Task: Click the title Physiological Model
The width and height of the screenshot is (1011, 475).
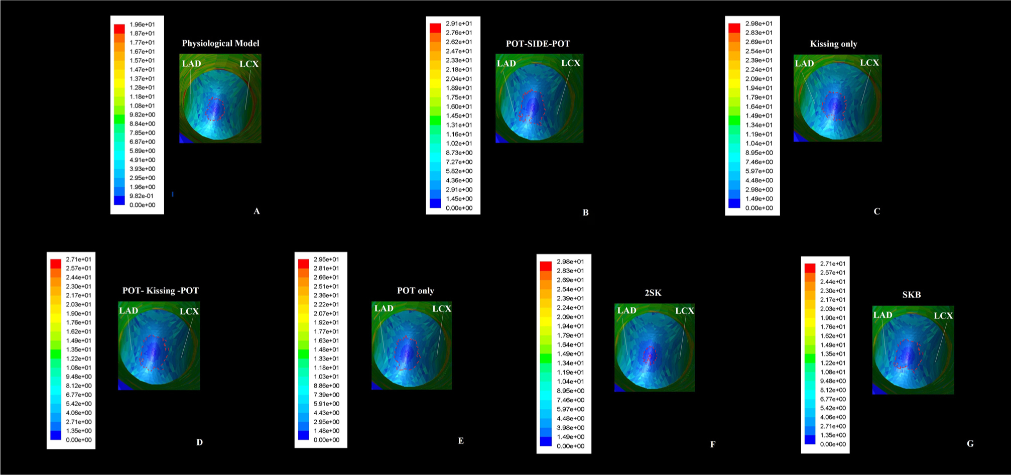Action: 220,43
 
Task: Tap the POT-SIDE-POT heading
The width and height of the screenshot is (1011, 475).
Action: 538,44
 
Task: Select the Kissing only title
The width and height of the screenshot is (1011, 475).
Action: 833,44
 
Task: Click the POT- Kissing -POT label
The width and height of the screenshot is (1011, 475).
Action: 160,290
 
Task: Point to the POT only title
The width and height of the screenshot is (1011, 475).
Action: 415,290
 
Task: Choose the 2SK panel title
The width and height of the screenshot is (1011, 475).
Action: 653,293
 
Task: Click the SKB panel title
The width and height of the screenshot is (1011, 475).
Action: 911,295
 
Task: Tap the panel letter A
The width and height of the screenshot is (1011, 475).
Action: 257,211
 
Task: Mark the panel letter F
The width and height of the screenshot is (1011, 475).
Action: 712,444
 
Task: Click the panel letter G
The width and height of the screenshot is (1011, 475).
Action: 970,443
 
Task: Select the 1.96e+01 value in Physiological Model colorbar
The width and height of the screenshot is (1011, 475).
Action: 142,24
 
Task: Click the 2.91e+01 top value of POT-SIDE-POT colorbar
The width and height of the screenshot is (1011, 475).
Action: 459,24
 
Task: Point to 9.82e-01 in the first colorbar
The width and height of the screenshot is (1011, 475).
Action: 141,196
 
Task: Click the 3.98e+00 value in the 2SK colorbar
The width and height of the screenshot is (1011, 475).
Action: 570,428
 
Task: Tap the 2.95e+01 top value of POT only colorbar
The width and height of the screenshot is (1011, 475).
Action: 326,259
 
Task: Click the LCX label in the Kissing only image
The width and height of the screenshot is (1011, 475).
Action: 869,63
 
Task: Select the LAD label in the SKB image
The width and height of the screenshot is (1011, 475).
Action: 882,315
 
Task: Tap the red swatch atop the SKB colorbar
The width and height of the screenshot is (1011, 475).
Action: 810,269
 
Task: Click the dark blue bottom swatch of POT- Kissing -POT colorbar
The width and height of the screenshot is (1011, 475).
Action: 56,435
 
